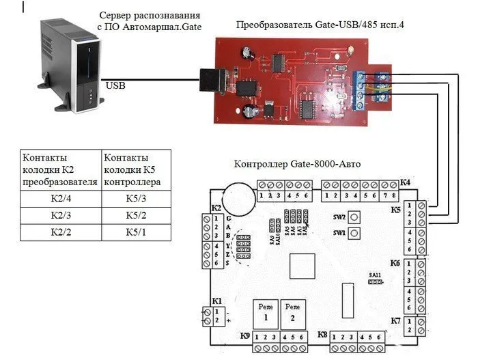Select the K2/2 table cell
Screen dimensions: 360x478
point(60,232)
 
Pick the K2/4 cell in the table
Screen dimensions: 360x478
point(60,199)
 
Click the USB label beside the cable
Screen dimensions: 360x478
point(115,85)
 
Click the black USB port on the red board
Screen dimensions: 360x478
point(208,80)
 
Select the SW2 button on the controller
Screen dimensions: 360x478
point(354,217)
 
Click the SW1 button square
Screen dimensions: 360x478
point(354,234)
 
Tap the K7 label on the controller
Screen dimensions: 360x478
point(395,320)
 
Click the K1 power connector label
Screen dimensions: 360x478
point(217,301)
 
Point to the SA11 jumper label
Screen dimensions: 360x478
point(374,274)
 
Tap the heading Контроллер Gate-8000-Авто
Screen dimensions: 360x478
point(297,164)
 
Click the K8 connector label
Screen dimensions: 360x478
point(323,335)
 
